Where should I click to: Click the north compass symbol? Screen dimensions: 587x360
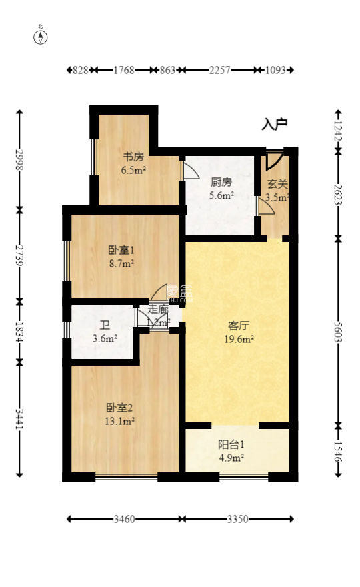[41, 37]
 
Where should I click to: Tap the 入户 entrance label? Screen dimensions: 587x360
[274, 124]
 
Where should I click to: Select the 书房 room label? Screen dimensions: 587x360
[133, 157]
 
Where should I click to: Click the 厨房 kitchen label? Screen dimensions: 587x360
[221, 182]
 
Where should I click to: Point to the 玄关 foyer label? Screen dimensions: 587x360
[277, 183]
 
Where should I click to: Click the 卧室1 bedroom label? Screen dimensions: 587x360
[122, 251]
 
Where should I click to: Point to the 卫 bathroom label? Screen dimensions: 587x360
[105, 325]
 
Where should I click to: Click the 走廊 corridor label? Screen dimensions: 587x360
[158, 309]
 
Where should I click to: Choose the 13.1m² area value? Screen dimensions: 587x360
[120, 421]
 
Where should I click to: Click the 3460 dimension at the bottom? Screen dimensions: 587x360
[124, 519]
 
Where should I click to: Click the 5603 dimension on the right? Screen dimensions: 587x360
[339, 330]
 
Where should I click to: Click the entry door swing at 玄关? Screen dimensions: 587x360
[273, 161]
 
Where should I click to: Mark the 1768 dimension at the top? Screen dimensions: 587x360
[124, 69]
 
